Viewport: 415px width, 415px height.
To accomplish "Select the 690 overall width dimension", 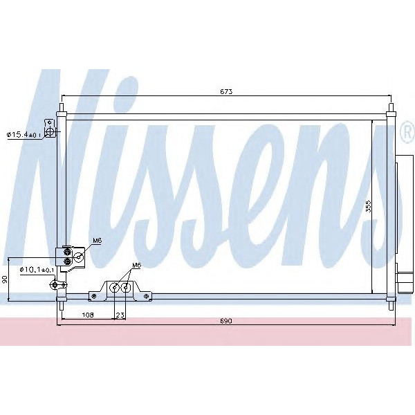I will (226, 322).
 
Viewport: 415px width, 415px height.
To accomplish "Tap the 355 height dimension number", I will (369, 206).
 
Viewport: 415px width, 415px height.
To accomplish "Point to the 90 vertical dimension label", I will (5, 279).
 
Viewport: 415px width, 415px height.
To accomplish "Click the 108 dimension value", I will (88, 315).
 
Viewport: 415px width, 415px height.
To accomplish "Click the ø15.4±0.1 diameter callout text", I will (24, 134).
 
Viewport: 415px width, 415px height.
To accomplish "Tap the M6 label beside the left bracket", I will (97, 241).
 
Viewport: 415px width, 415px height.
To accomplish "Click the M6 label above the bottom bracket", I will (136, 266).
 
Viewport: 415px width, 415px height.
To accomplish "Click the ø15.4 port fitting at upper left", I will (50, 129).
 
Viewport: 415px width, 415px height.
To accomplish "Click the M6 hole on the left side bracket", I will (78, 257).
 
